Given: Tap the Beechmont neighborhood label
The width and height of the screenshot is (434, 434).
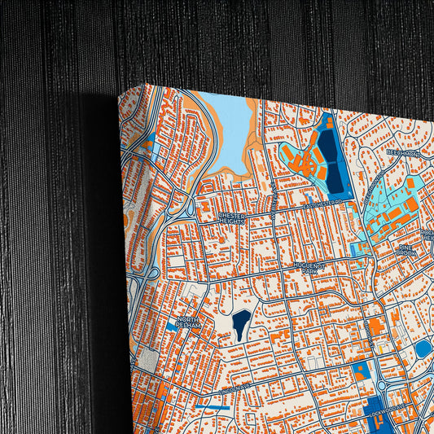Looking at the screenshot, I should tap(403, 152).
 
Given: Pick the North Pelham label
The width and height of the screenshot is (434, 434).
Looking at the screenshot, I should tap(194, 324).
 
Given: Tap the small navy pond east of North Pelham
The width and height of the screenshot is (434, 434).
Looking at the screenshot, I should tap(242, 325).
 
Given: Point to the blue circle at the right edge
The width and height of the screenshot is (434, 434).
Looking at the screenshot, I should tap(423, 349).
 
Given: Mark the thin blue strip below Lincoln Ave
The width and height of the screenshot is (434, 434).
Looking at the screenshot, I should tap(213, 400).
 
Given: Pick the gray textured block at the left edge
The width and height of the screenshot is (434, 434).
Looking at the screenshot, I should tap(147, 357).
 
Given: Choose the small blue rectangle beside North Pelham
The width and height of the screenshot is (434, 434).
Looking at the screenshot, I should tap(169, 326).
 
